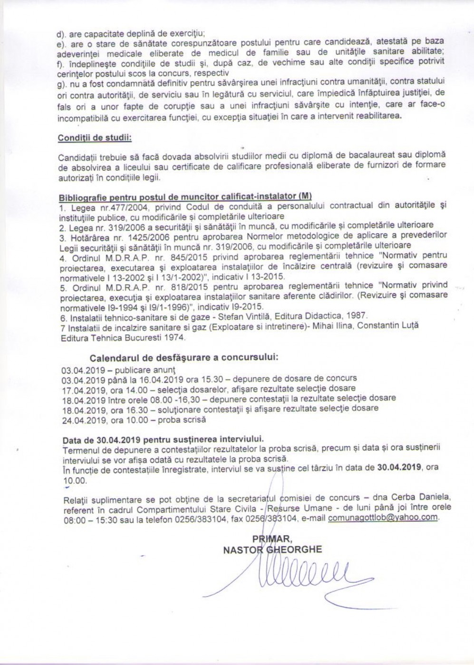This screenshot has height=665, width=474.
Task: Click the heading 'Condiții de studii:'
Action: [x=95, y=138]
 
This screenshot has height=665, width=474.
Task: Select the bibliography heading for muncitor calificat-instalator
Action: [x=185, y=197]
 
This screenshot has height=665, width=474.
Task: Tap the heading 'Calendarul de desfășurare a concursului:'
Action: [x=184, y=357]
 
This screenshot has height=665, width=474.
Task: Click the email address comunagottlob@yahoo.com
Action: [x=383, y=517]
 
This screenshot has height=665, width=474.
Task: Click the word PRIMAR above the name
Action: [x=273, y=539]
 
